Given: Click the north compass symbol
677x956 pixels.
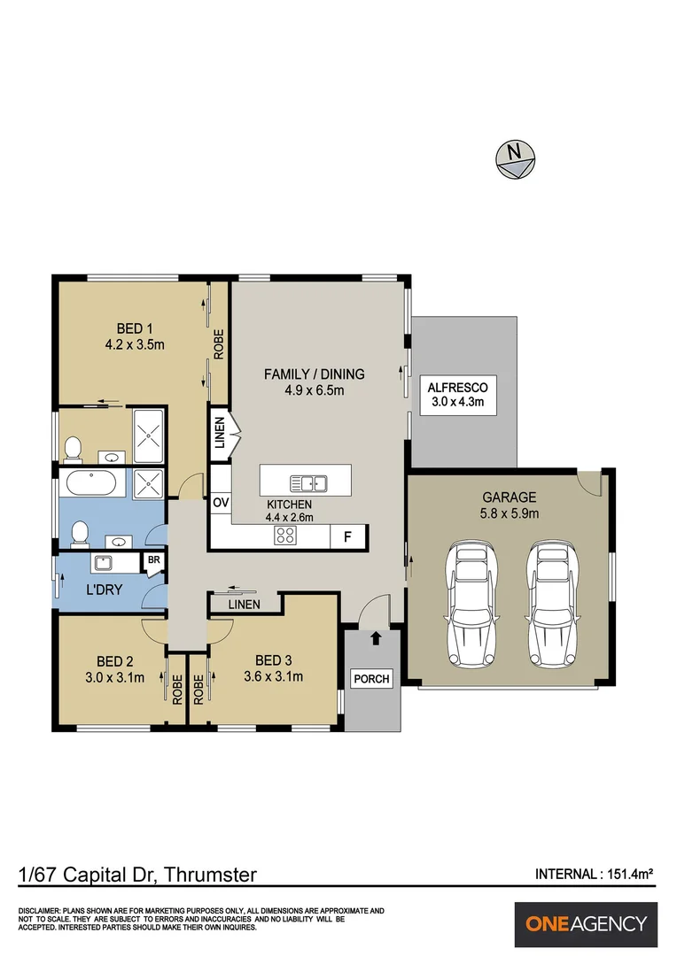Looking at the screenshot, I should coord(515,158).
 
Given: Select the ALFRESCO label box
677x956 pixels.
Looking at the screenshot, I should coord(457,396).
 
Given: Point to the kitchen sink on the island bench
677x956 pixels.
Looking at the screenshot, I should coord(308,482).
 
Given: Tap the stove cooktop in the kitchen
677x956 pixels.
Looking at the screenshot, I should coord(285,535).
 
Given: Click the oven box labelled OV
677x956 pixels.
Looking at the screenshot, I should coord(221,503).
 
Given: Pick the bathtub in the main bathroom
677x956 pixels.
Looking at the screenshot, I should coord(91,483).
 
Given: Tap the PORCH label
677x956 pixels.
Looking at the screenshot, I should coord(371,679).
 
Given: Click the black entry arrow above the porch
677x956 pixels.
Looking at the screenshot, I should coord(376,637).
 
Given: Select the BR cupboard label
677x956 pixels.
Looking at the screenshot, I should coord(153,560).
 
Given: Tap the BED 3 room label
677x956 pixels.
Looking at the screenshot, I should coord(273,659).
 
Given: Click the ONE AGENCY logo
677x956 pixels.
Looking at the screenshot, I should coord(587,924).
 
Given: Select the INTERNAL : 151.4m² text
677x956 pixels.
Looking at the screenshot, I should coord(594,874).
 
